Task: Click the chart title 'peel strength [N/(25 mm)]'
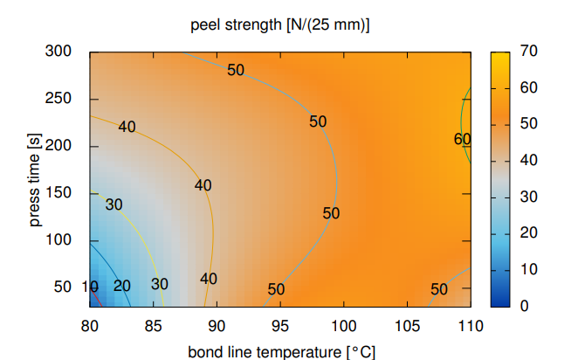(x=279, y=24)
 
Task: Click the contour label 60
(x=463, y=139)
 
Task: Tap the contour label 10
(x=89, y=286)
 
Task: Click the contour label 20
(x=122, y=286)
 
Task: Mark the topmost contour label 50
(x=236, y=70)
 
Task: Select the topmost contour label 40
(x=127, y=127)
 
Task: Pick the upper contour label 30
(x=114, y=204)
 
